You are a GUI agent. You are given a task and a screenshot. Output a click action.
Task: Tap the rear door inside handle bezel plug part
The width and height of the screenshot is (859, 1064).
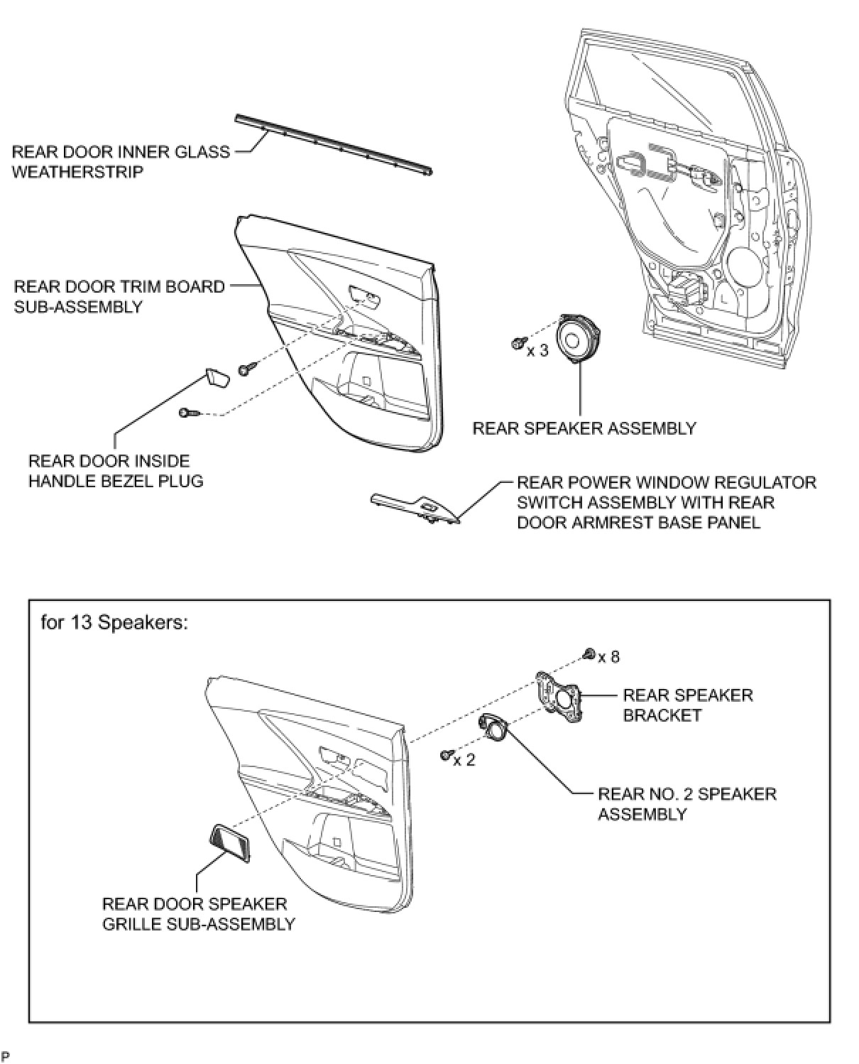[218, 377]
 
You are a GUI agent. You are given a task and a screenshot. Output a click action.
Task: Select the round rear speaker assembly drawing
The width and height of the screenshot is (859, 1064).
[580, 340]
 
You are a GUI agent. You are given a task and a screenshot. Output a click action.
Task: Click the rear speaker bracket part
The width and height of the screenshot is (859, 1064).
[559, 697]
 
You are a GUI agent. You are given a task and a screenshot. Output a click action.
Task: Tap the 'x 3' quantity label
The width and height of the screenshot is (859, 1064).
[537, 351]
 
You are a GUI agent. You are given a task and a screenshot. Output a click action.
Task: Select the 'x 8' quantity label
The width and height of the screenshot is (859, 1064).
[608, 657]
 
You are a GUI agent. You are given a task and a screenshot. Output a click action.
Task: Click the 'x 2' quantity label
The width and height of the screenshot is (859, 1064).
[464, 760]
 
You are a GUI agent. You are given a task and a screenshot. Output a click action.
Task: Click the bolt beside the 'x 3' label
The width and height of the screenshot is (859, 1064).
[518, 344]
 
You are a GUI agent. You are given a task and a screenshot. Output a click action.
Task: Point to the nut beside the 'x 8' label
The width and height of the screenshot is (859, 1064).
[588, 653]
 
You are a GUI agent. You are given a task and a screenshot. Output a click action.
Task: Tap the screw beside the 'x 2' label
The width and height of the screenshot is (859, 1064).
[446, 754]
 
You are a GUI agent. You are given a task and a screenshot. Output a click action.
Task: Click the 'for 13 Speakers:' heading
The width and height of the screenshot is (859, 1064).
[114, 623]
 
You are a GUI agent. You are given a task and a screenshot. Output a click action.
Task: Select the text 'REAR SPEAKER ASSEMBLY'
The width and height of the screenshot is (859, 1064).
[584, 428]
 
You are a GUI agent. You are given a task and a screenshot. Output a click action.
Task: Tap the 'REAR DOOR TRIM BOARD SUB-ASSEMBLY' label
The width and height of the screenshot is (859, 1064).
[119, 296]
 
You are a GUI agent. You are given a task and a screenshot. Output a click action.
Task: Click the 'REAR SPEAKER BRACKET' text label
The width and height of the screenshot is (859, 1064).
[687, 705]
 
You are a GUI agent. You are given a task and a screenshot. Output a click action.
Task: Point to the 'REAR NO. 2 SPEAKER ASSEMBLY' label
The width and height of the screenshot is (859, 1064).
[686, 803]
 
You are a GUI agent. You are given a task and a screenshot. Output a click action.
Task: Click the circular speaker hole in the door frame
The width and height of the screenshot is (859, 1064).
[743, 266]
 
